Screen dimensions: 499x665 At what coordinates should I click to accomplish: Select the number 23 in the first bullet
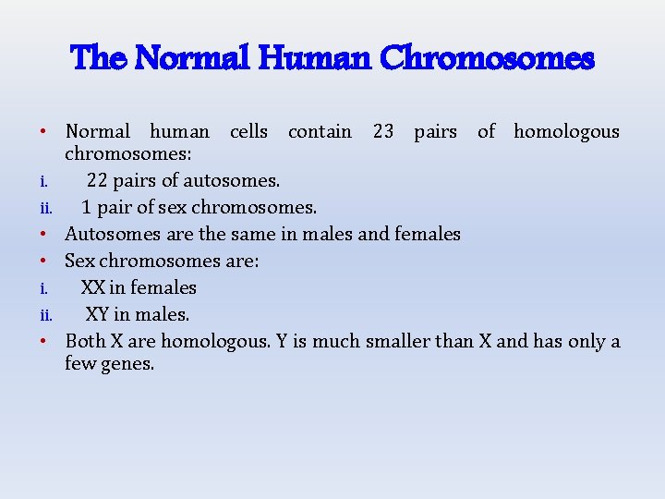(383, 131)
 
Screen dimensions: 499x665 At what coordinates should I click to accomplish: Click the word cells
(248, 131)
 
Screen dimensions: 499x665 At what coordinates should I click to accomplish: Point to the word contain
(320, 131)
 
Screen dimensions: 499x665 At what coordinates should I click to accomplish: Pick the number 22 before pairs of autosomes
(99, 180)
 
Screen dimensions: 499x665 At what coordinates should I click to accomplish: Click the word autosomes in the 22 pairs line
(233, 180)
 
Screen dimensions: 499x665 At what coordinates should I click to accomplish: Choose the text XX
(92, 287)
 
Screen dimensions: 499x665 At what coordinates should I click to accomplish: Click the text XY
(98, 314)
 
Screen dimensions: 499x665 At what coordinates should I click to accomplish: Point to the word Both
(86, 341)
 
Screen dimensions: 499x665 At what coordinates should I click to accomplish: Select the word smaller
(398, 341)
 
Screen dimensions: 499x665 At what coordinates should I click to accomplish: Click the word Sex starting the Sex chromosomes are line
(79, 261)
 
